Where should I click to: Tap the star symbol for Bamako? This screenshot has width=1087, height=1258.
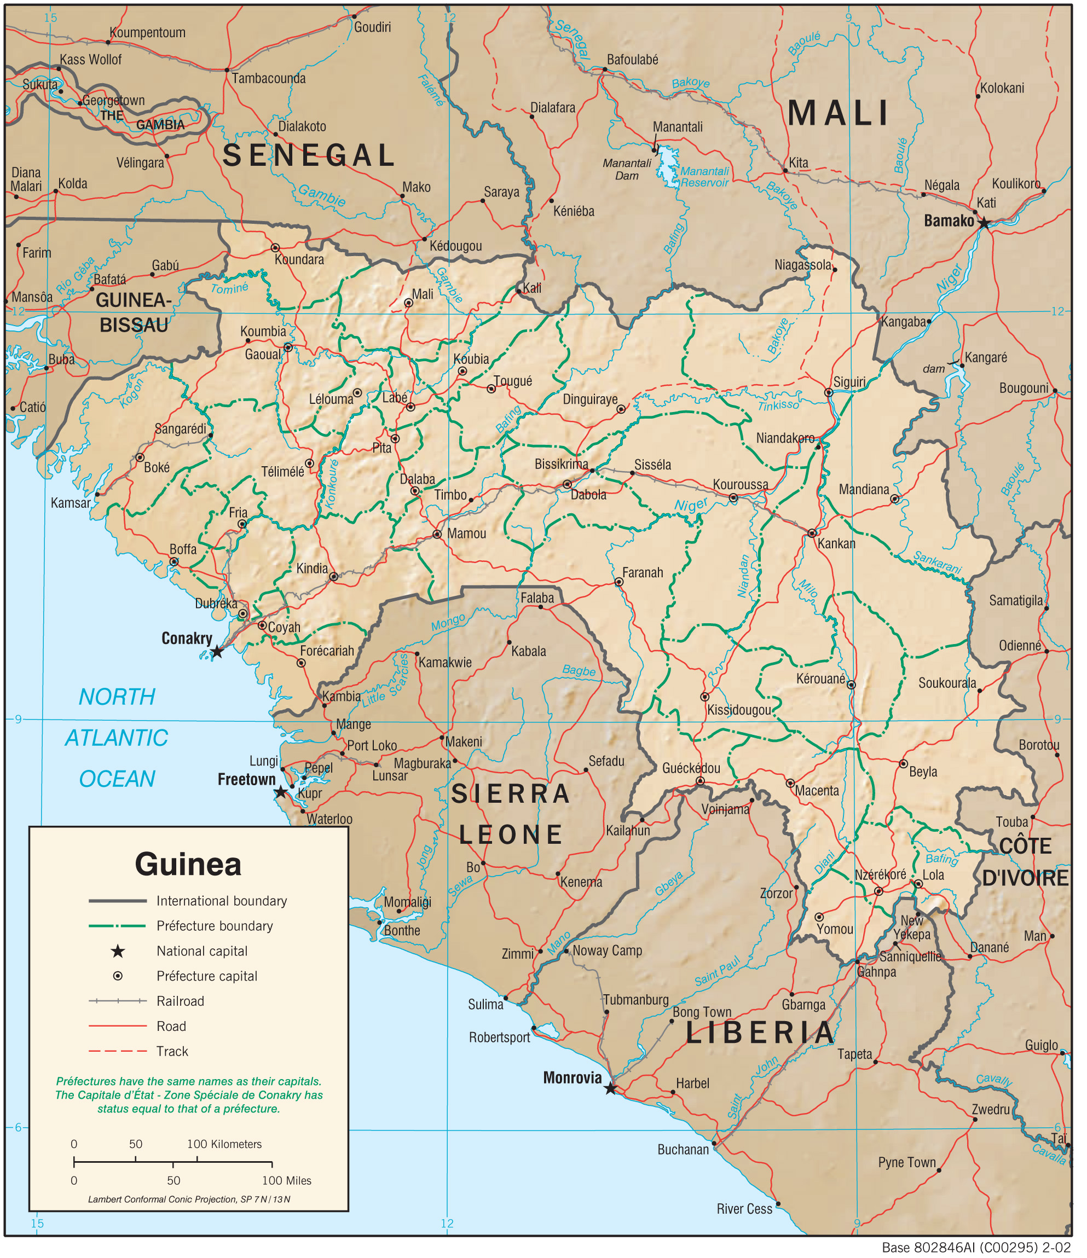click(984, 223)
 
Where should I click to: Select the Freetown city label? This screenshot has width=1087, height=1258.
click(246, 780)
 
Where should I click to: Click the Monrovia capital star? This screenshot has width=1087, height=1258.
click(611, 1089)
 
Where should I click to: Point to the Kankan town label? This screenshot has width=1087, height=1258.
click(836, 544)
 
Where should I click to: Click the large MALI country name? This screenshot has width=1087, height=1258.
click(839, 113)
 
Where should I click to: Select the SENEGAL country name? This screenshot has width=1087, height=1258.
click(309, 155)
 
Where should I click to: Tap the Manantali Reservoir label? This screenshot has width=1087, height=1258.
click(704, 177)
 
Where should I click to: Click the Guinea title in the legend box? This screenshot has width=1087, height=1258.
click(188, 865)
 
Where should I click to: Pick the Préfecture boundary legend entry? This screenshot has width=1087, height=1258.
click(215, 926)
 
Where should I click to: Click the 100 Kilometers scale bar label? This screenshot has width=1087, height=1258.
click(224, 1145)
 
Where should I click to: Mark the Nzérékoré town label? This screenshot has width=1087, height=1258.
click(881, 875)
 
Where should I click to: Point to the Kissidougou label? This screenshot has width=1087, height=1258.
click(739, 710)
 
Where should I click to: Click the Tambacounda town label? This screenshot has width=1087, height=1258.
click(268, 78)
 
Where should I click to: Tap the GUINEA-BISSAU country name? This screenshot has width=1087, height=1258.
click(134, 312)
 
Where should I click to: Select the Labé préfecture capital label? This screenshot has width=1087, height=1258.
click(395, 398)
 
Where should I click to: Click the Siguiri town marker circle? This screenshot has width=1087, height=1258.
click(828, 393)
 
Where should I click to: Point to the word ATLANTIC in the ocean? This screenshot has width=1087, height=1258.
click(117, 738)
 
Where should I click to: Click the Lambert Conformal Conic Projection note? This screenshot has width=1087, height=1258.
click(189, 1199)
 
